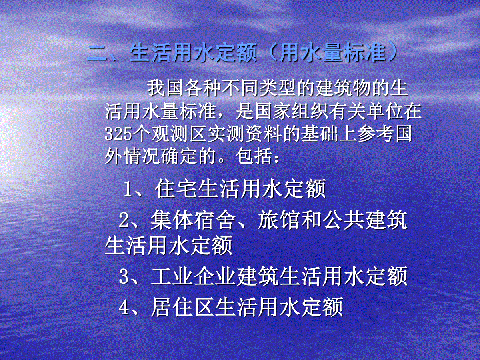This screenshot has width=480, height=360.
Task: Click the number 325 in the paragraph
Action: pyautogui.click(x=118, y=133)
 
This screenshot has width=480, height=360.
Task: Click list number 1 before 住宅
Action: pyautogui.click(x=128, y=189)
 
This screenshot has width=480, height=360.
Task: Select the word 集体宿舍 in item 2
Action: pyautogui.click(x=193, y=220)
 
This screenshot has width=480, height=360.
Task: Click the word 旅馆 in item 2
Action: pyautogui.click(x=278, y=220)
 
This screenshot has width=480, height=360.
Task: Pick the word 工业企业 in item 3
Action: pyautogui.click(x=193, y=276)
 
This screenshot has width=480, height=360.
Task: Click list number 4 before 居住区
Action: pyautogui.click(x=124, y=308)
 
